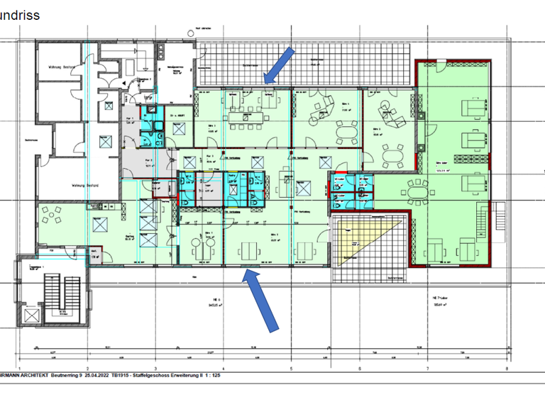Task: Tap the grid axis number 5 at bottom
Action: (x=291, y=369)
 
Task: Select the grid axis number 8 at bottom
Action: (x=507, y=369)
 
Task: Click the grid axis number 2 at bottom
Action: (x=87, y=369)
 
